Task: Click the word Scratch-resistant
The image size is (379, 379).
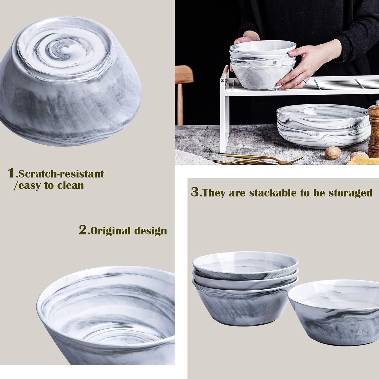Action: tap(61, 174)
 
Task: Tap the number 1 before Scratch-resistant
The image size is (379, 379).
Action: tap(11, 173)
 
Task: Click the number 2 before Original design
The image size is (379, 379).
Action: tap(83, 230)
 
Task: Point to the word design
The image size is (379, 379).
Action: tap(150, 231)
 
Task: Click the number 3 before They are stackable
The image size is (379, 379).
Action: tap(195, 192)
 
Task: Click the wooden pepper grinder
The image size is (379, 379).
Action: tap(373, 129)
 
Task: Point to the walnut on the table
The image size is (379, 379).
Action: tap(333, 153)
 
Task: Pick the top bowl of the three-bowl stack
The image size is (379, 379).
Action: tap(245, 265)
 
